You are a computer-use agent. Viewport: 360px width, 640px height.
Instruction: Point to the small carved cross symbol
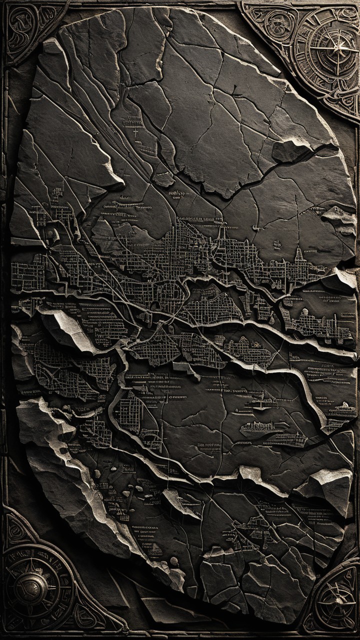(135, 133)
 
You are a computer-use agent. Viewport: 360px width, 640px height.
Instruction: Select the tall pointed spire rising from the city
(298, 254)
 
